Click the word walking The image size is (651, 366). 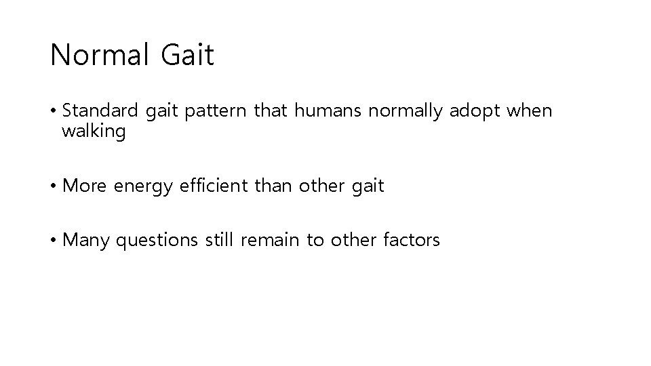click(x=94, y=131)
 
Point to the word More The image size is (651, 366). click(x=85, y=185)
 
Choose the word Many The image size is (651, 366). click(x=86, y=240)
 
